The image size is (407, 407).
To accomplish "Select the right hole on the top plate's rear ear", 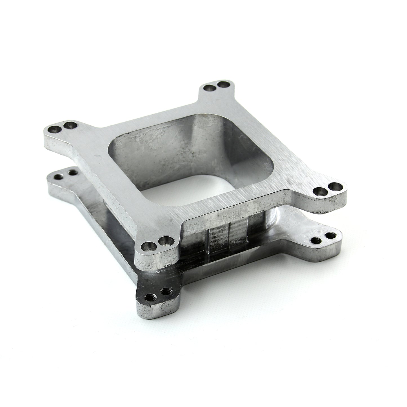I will pos(223,84).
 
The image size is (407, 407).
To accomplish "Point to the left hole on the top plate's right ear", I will pos(319,192).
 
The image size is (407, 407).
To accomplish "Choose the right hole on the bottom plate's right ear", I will pos(329,235).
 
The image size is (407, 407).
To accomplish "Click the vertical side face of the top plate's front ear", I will pos(158,261).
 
